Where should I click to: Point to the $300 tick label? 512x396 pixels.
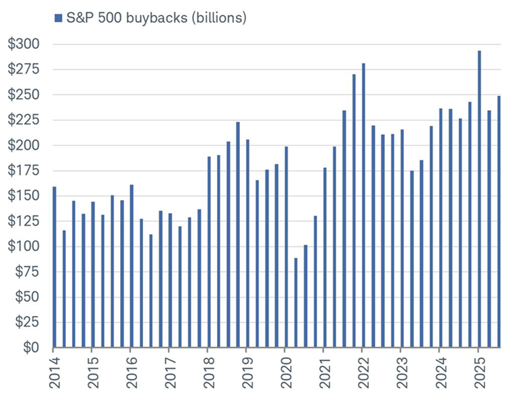[x=24, y=44]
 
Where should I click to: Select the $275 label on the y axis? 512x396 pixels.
[x=24, y=70]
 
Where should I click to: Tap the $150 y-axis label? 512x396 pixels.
[x=24, y=196]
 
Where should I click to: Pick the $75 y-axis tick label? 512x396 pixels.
[x=27, y=272]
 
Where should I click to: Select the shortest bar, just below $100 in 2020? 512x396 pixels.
[x=296, y=303]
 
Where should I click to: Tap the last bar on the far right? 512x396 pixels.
[x=499, y=221]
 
